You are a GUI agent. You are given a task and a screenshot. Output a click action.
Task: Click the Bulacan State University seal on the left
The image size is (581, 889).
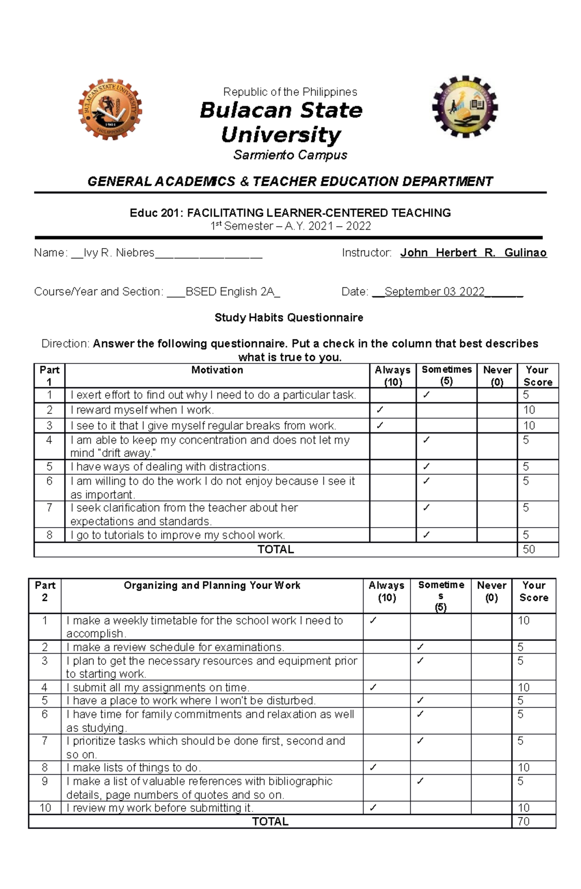(x=110, y=109)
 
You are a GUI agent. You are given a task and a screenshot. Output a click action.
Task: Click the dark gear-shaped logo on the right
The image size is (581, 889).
(x=465, y=107)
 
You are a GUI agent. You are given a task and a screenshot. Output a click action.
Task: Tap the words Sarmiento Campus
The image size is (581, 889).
(x=290, y=155)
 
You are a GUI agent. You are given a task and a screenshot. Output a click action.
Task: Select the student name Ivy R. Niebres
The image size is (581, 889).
(x=119, y=253)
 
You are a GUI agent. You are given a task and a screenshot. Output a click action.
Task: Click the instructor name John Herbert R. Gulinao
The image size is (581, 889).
(x=473, y=253)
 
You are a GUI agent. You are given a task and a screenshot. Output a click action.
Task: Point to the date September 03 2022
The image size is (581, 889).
(x=434, y=292)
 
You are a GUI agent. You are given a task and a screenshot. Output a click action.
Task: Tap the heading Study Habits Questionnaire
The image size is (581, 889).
(x=289, y=318)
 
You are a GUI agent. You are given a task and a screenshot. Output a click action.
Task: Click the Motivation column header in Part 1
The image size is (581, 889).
(x=217, y=370)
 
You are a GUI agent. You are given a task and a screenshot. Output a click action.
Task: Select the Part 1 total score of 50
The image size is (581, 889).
(x=529, y=549)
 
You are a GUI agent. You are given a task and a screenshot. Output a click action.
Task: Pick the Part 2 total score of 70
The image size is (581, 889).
(x=523, y=821)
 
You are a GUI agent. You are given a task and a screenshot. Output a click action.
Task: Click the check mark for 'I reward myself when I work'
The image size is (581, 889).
(x=380, y=410)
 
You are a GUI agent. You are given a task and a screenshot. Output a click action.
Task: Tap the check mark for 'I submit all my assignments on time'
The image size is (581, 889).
(x=373, y=687)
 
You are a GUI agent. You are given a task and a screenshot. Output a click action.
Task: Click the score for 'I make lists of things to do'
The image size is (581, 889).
(x=523, y=767)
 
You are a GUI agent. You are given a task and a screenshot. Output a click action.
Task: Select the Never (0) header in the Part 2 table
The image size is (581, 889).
(x=491, y=592)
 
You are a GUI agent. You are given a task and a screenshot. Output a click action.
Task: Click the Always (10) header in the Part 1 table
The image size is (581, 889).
(x=393, y=376)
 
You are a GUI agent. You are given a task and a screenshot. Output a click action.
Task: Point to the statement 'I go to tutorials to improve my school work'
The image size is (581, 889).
(x=178, y=535)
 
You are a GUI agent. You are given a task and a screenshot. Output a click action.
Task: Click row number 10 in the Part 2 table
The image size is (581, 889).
(x=45, y=808)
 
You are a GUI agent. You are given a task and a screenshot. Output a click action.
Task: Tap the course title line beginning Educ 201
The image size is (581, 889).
(x=290, y=213)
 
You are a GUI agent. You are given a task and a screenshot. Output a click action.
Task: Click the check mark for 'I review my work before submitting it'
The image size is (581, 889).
(x=373, y=808)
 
